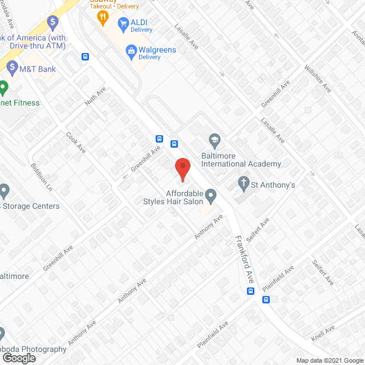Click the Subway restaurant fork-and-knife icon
[x=103, y=18]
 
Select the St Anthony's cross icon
[x=243, y=184]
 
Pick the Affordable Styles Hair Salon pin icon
[x=211, y=197]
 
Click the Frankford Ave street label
[x=244, y=259]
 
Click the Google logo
[x=18, y=358]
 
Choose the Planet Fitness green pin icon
[x=3, y=89]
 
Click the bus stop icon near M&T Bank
[x=85, y=56]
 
